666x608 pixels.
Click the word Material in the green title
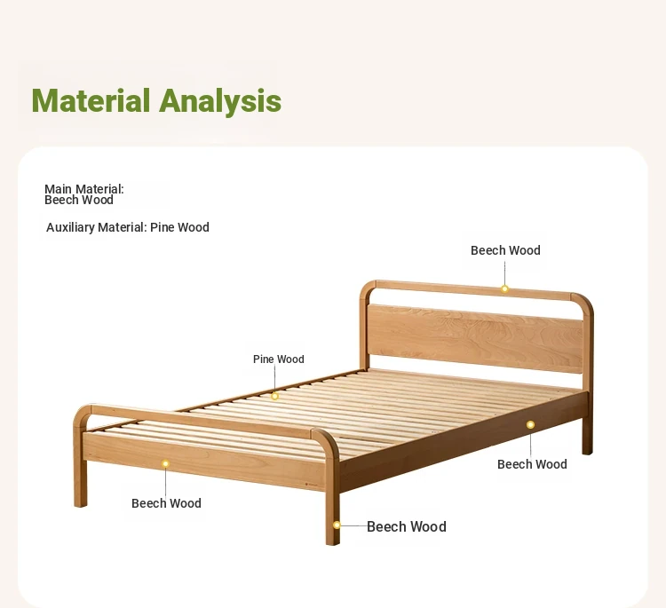[91, 100]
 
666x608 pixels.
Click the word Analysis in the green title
[220, 102]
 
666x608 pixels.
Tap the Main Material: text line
[84, 189]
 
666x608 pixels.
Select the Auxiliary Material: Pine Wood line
[127, 227]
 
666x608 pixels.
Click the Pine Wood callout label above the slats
[279, 359]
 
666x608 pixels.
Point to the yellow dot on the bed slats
[274, 396]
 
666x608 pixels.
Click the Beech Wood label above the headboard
[505, 250]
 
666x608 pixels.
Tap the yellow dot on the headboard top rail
[504, 289]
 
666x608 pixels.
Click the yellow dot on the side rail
[530, 424]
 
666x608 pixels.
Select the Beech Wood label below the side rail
[532, 464]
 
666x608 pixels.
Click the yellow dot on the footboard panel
[166, 463]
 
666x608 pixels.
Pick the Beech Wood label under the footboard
[167, 503]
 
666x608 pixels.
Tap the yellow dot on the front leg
[337, 525]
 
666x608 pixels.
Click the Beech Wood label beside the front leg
[407, 527]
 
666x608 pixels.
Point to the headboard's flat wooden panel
[475, 338]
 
